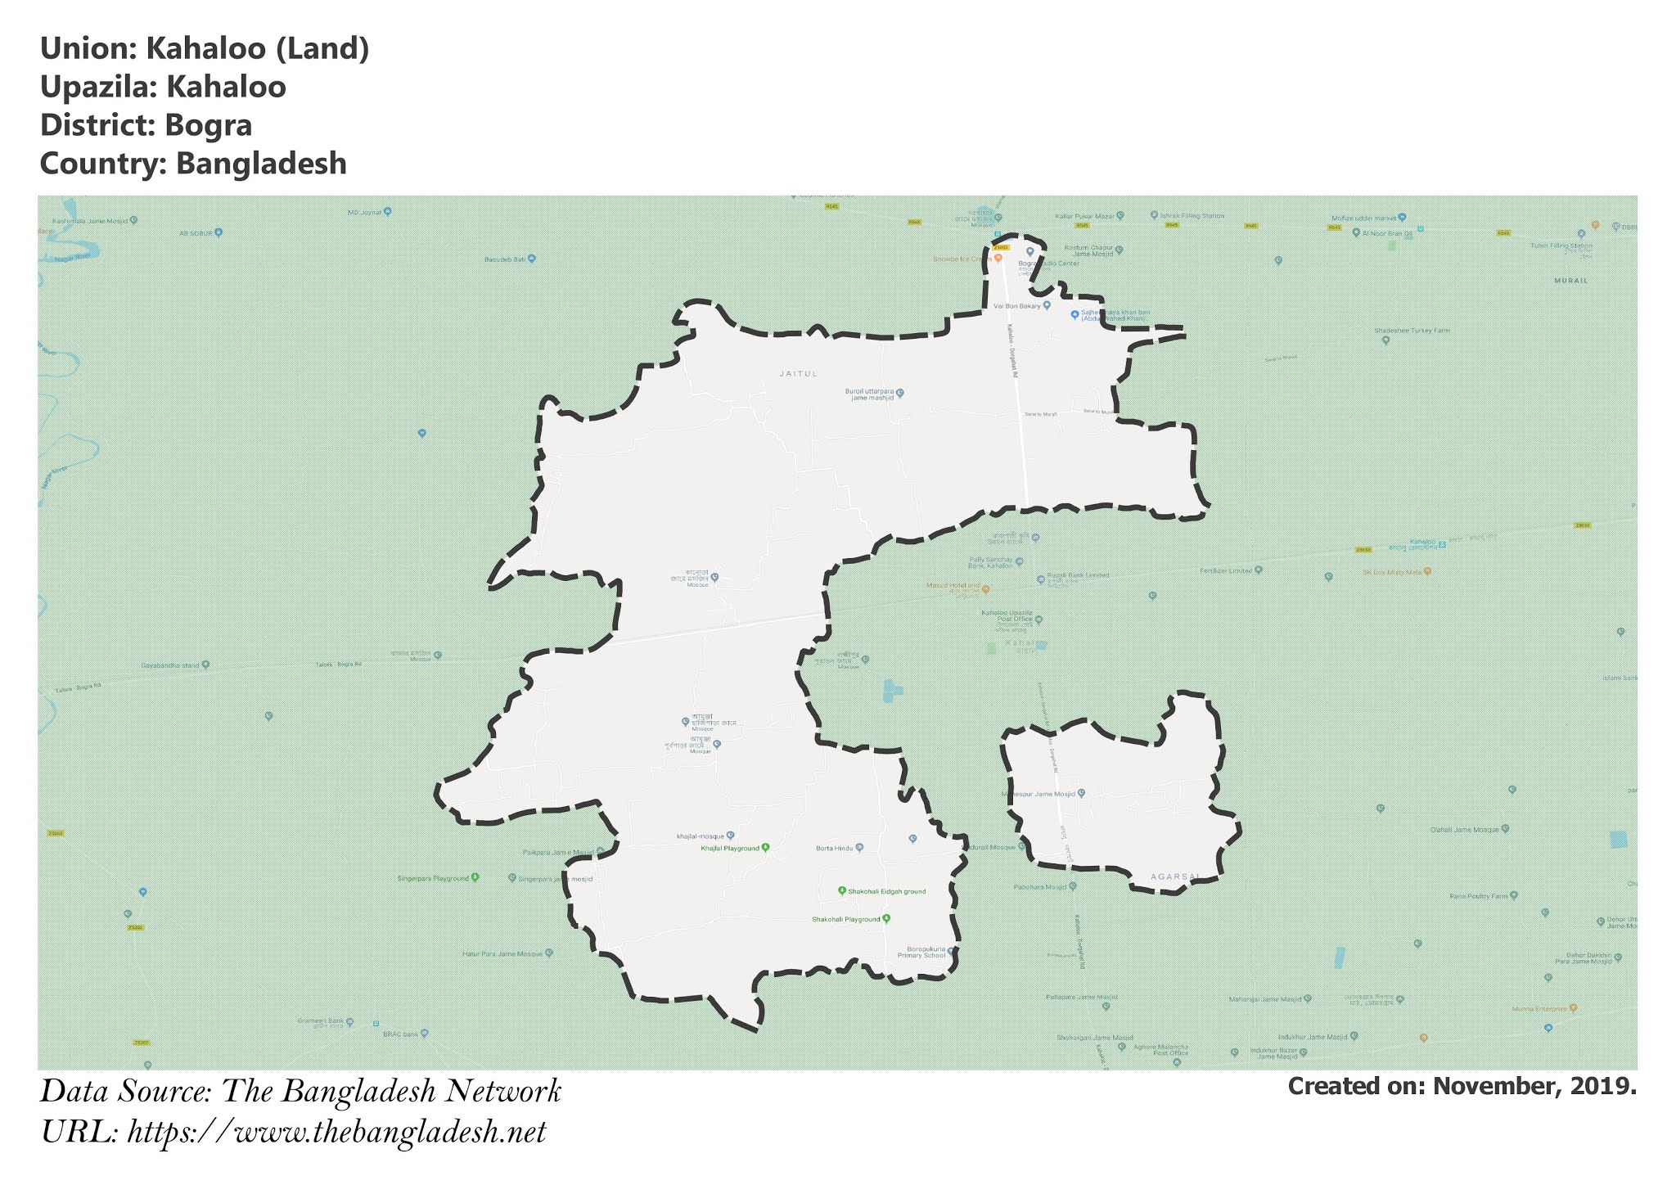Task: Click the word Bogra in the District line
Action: [208, 125]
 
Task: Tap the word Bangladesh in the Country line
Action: [260, 164]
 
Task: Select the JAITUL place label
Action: [798, 374]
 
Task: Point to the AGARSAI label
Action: [1174, 876]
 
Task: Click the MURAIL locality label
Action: [1570, 281]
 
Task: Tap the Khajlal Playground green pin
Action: [765, 848]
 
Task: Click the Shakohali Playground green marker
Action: [885, 919]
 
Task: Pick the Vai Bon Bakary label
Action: [1016, 306]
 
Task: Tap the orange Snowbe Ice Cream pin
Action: [998, 258]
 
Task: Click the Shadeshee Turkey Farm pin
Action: [1385, 340]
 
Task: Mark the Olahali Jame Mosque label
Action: [1464, 829]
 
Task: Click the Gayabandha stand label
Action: [170, 665]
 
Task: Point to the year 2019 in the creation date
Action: [1607, 1086]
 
